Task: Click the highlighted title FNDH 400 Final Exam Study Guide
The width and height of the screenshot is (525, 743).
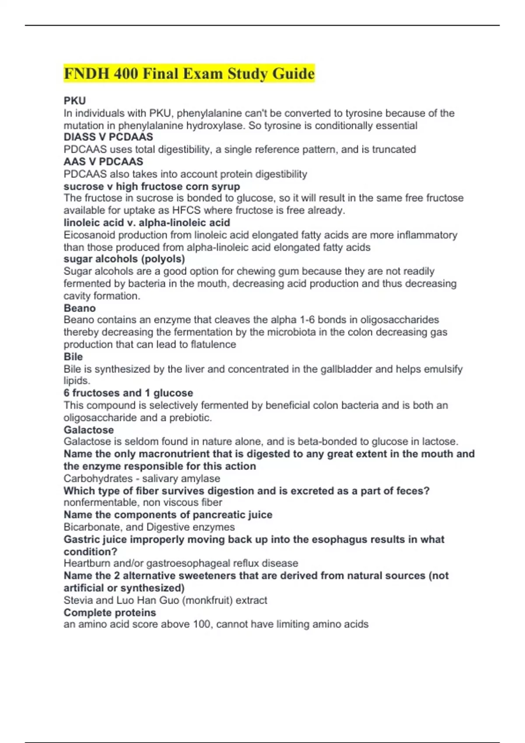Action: tap(189, 73)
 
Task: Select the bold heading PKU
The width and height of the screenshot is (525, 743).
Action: tap(75, 101)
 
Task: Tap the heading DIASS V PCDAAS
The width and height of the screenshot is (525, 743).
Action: tap(108, 137)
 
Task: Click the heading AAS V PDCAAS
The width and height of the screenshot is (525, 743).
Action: tap(103, 162)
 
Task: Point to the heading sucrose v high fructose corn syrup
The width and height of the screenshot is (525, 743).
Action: tap(152, 186)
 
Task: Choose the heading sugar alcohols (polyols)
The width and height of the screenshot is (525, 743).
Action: tap(124, 259)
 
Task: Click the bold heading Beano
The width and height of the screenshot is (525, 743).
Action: tap(80, 308)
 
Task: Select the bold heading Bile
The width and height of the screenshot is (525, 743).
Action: tap(73, 357)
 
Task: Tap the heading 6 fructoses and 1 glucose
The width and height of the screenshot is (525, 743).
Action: tap(128, 393)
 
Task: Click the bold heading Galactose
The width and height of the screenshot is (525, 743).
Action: tap(88, 430)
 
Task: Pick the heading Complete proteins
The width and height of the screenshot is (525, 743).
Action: tap(110, 613)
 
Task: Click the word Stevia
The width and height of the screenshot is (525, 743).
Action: tap(77, 601)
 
